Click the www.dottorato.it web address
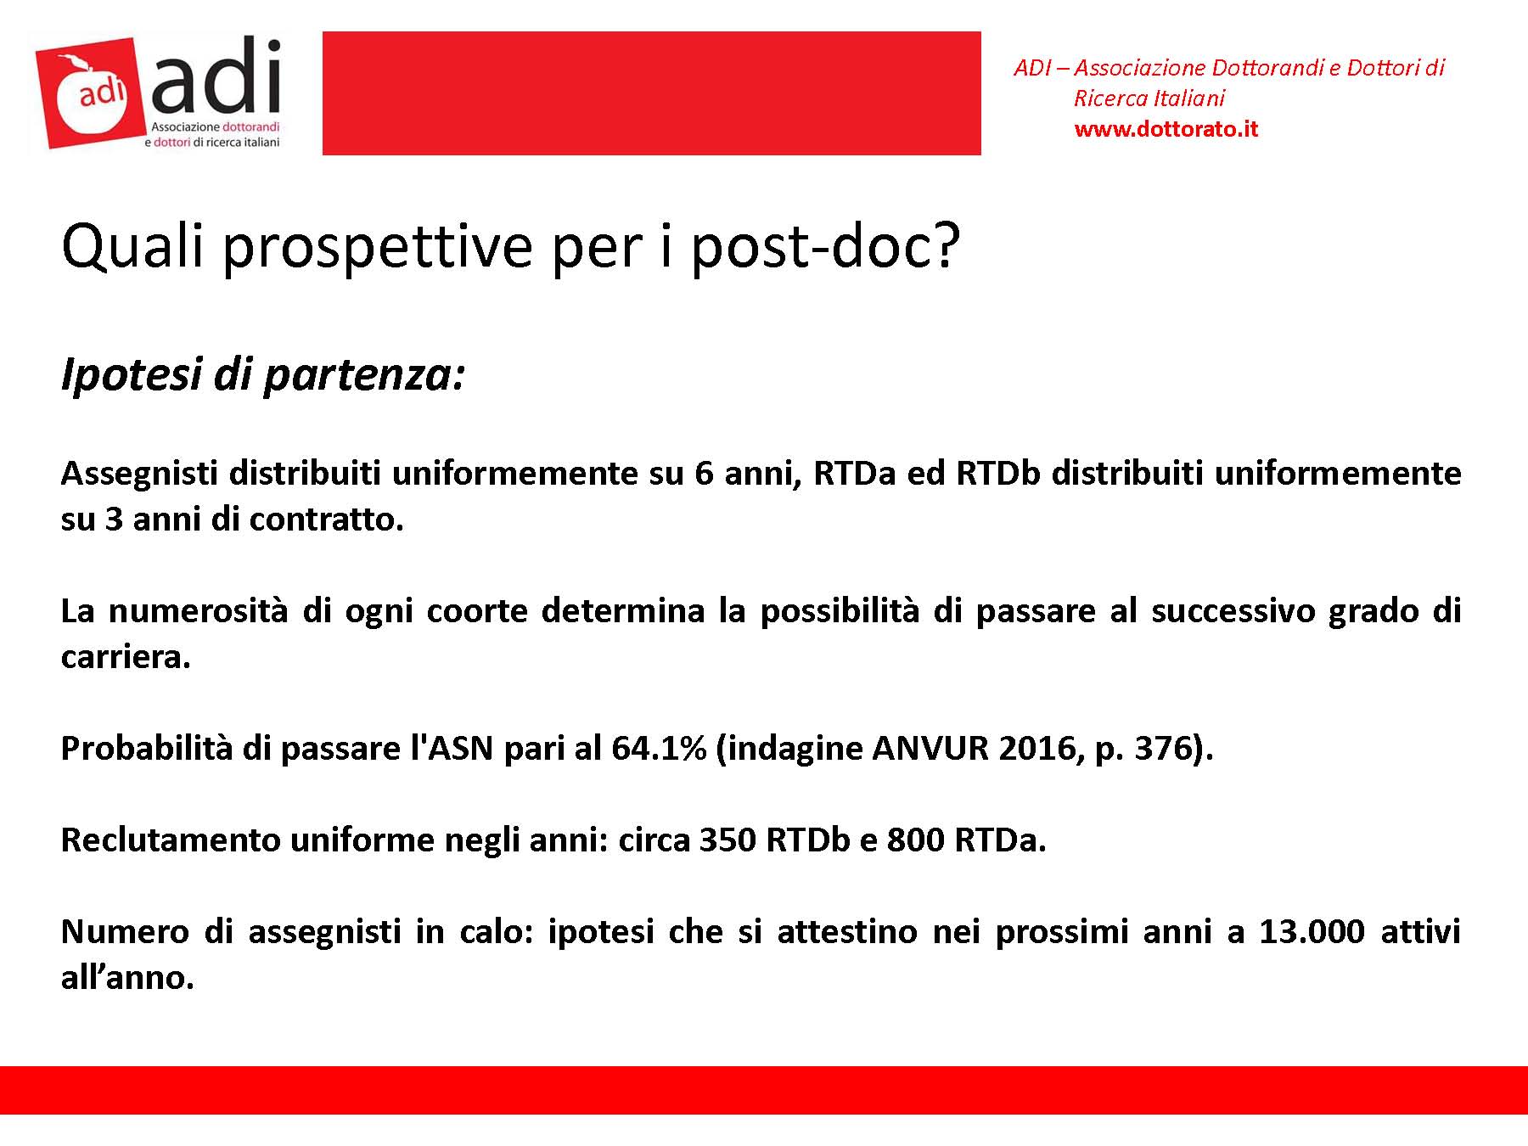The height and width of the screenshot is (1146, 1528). pos(1166,129)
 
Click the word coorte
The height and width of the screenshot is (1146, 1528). pos(477,611)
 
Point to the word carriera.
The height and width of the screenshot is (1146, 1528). pos(126,657)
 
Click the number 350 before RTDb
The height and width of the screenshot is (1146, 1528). pos(727,840)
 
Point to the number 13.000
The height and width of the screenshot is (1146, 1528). pos(1312,932)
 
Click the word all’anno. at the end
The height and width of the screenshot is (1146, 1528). pos(128,978)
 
